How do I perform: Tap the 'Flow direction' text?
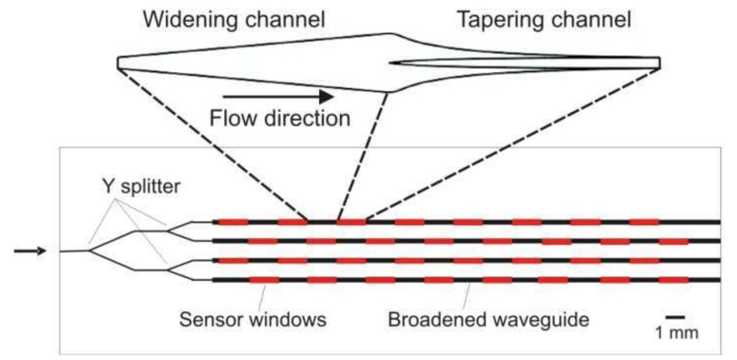coord(279,119)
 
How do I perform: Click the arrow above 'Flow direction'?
coord(278,96)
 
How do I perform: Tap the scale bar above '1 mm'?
coord(675,317)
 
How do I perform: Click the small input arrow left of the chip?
coord(29,250)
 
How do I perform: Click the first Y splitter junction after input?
coord(89,249)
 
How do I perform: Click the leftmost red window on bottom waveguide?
coord(264,280)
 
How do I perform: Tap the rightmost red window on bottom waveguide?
coord(673,280)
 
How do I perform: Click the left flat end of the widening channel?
coord(118,62)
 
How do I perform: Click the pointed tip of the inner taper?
coord(390,63)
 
